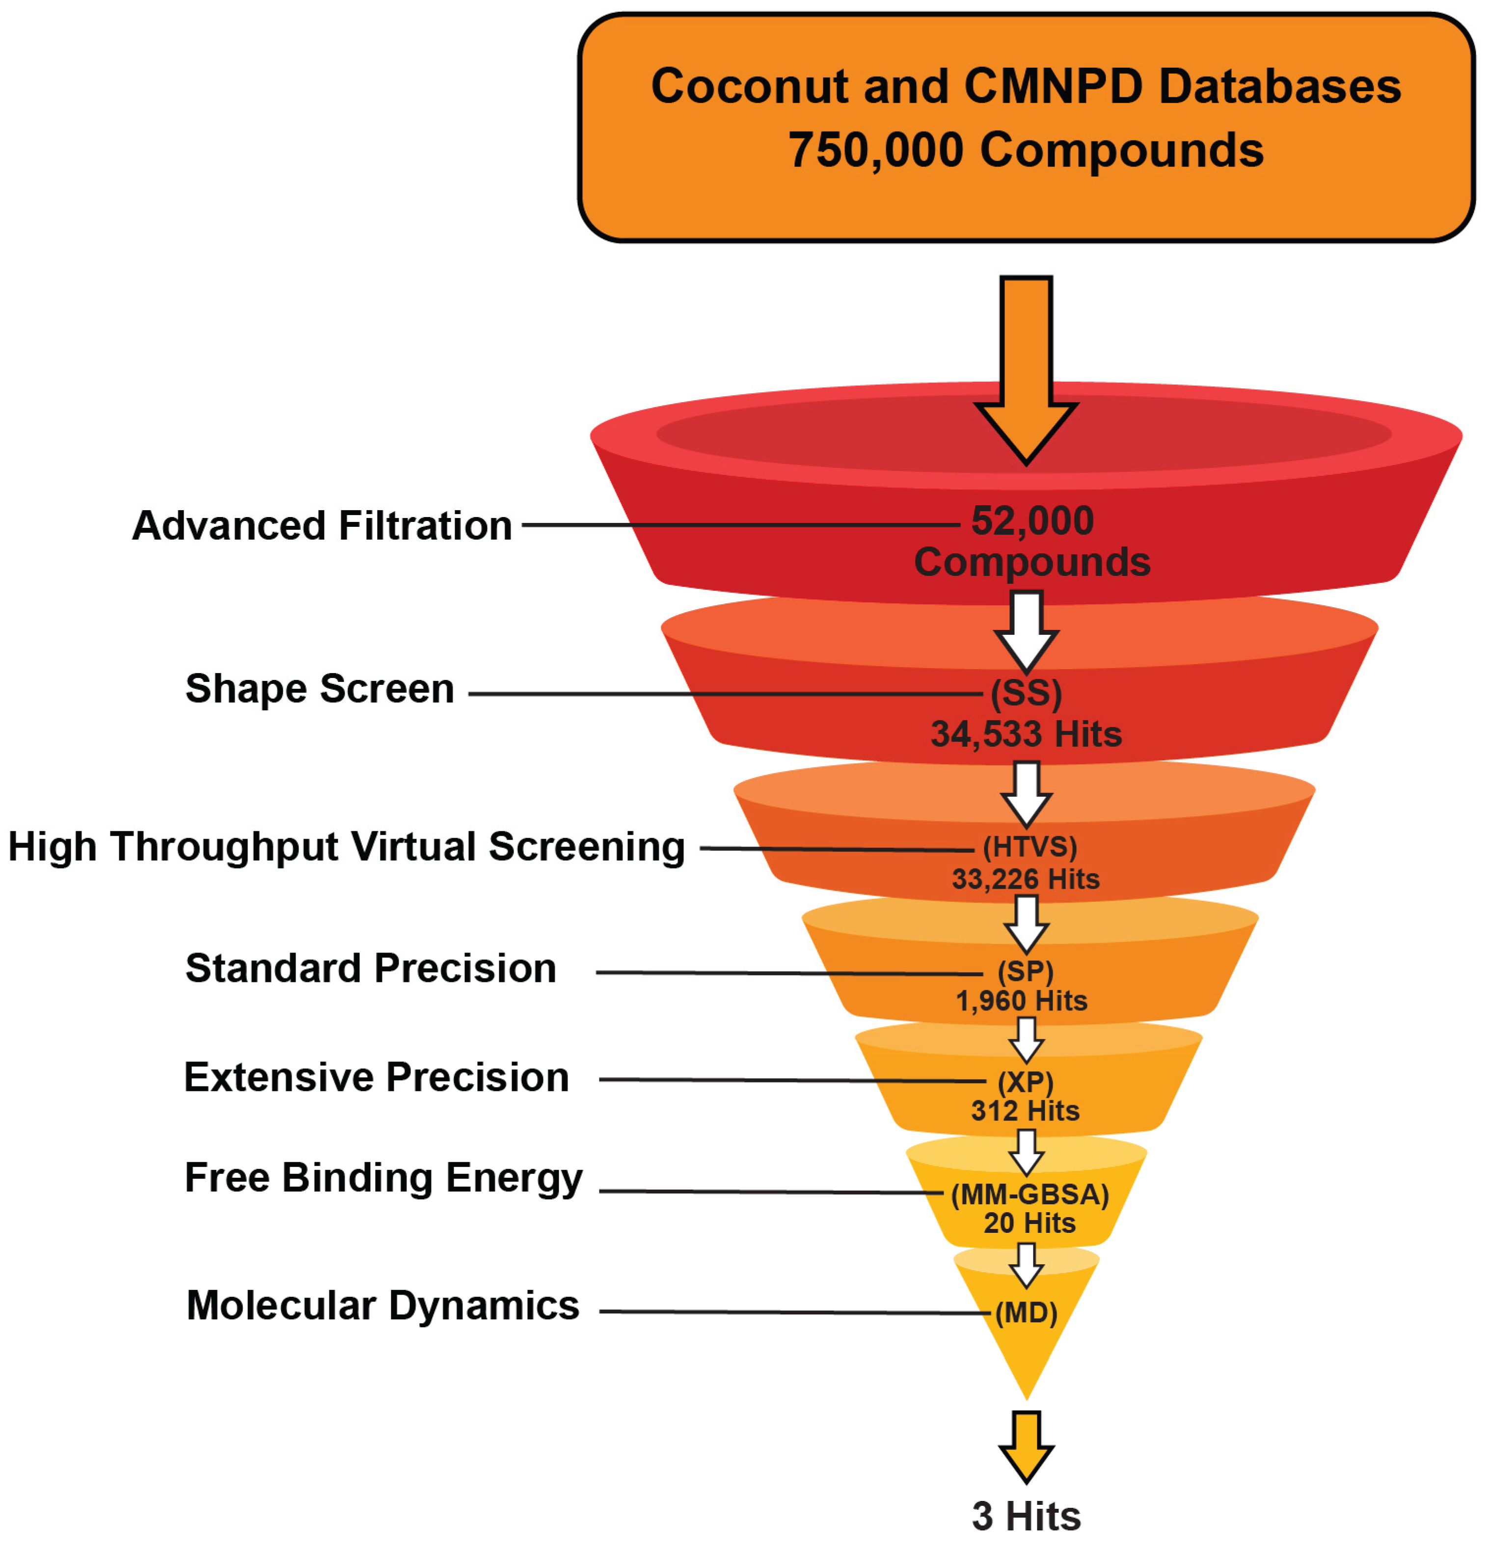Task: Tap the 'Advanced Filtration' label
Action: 322,526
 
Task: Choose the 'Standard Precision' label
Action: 371,968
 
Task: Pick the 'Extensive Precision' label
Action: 377,1077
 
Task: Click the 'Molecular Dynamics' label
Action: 383,1305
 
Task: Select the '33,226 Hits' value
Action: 1026,879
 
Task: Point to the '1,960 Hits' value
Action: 1022,1001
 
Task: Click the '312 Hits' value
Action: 1026,1111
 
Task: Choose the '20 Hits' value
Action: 1029,1224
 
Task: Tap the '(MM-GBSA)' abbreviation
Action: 1029,1194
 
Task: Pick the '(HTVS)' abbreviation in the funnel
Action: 1029,847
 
